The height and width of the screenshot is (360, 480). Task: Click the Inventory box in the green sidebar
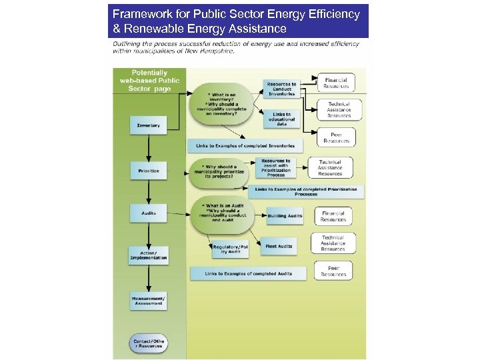(148, 125)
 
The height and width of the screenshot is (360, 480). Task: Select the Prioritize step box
(148, 171)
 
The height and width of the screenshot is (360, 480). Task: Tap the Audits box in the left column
(148, 213)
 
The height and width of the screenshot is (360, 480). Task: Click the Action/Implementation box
(148, 255)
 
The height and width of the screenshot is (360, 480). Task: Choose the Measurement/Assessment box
(148, 301)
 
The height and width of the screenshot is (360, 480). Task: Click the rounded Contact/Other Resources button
(148, 344)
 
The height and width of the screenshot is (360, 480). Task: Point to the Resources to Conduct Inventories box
(281, 89)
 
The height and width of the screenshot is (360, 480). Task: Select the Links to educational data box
(281, 119)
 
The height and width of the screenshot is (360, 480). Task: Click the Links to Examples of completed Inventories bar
(245, 145)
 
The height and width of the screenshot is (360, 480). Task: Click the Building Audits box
(285, 215)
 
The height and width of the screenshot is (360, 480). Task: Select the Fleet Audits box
(279, 247)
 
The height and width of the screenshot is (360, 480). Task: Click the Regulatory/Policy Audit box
(230, 249)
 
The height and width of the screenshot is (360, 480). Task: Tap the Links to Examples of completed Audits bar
(249, 273)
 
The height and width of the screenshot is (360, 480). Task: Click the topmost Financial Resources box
(335, 83)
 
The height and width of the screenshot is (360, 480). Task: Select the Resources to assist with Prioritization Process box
(275, 167)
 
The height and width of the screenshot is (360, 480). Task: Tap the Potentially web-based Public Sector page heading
(149, 81)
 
